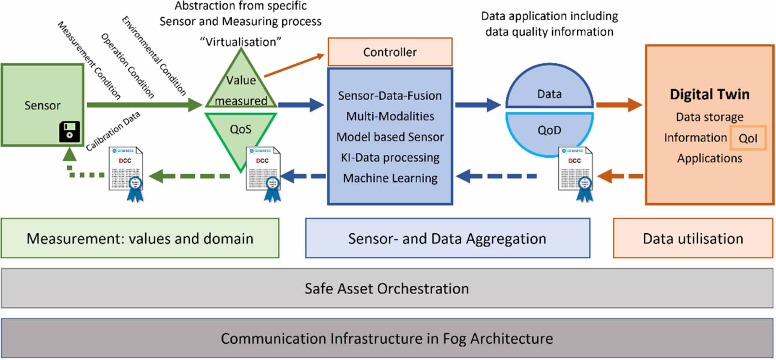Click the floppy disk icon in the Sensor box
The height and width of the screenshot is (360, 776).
click(x=69, y=132)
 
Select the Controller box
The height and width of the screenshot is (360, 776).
click(x=389, y=52)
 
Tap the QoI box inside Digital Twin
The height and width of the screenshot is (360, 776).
click(x=748, y=138)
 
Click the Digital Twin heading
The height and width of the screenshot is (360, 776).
click(x=709, y=94)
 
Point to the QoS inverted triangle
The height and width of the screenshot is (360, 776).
click(x=240, y=134)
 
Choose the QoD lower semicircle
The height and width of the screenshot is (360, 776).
click(x=549, y=131)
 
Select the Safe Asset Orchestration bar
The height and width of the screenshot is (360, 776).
click(x=387, y=288)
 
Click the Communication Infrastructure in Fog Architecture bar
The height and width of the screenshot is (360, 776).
click(x=387, y=338)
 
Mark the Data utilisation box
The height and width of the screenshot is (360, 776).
click(x=693, y=238)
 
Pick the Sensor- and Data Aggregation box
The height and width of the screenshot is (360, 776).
click(x=447, y=238)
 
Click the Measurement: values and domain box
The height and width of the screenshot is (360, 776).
click(x=140, y=238)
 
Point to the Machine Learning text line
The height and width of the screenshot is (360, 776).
click(x=390, y=178)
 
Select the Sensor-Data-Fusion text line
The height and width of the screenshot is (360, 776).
click(x=390, y=96)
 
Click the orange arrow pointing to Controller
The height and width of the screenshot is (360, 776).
click(x=294, y=65)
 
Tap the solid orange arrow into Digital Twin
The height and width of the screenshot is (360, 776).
click(x=619, y=104)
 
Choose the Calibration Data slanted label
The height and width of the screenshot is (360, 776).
click(x=112, y=131)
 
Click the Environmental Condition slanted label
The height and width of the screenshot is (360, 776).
click(x=154, y=55)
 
